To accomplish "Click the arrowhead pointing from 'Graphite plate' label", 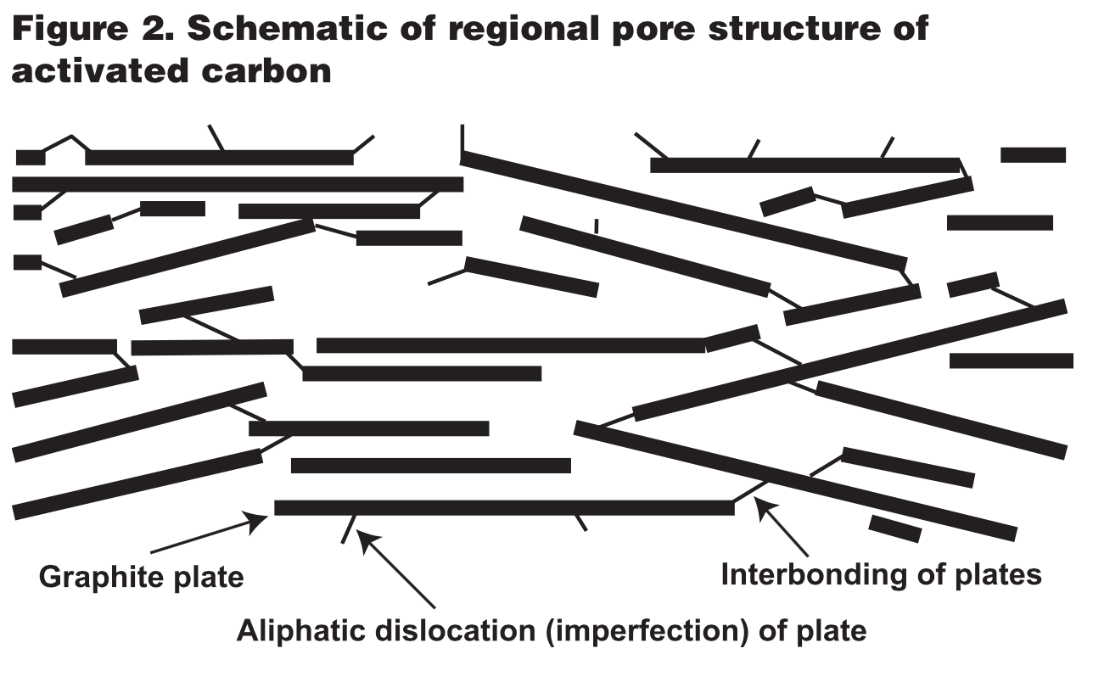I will pyautogui.click(x=260, y=517).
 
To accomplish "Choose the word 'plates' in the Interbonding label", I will pyautogui.click(x=996, y=576).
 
